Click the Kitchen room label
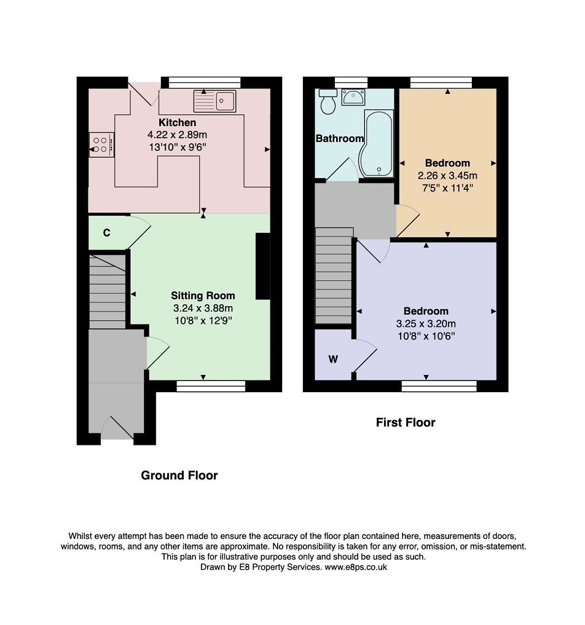[178, 122]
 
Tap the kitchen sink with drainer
[215, 101]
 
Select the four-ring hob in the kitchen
[101, 144]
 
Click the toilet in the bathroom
[328, 101]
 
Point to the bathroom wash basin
[352, 97]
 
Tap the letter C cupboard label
[106, 233]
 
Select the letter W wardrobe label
[333, 359]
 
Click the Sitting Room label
[203, 296]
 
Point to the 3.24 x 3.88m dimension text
[203, 308]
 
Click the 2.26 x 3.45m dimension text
[447, 175]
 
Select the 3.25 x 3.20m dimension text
[426, 324]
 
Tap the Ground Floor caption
[179, 475]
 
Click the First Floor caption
[406, 422]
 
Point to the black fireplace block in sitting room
[262, 266]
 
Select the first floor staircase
[334, 276]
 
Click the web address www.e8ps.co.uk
[356, 567]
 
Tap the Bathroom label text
[340, 138]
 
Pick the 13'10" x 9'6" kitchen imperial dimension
[178, 147]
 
